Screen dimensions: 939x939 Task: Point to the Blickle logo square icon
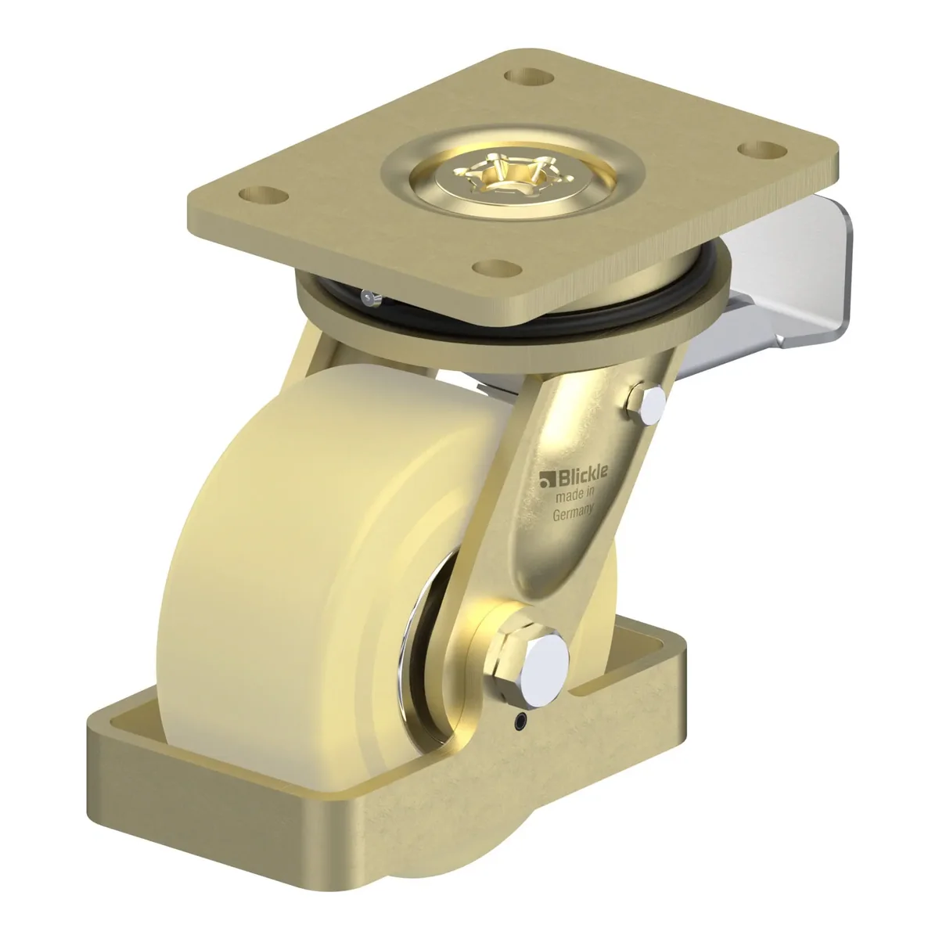(545, 481)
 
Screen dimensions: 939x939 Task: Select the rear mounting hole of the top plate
(529, 77)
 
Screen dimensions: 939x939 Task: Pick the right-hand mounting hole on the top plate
(763, 149)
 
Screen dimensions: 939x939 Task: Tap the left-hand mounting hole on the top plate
(263, 196)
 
